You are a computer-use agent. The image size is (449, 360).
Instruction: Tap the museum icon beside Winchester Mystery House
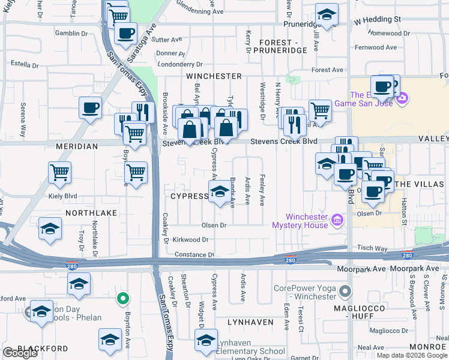[336, 220]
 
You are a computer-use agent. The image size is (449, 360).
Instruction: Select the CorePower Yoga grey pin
[345, 292]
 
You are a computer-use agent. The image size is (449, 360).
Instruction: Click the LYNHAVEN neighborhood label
[250, 322]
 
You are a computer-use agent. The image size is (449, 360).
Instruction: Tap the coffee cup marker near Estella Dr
[90, 108]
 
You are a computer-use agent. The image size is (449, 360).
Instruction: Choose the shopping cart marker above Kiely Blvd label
[60, 173]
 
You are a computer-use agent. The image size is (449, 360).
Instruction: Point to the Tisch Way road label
[372, 248]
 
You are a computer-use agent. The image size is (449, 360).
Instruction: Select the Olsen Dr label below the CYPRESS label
[214, 226]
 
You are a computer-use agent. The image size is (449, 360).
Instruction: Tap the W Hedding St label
[377, 20]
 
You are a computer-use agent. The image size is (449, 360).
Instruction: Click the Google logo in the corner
[20, 353]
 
